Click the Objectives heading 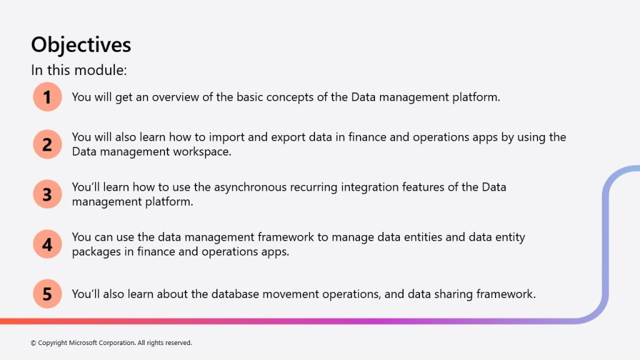81,45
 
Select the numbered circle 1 47,97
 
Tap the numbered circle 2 47,144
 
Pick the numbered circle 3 47,194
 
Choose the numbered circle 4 47,244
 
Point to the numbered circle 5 47,294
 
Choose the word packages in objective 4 96,252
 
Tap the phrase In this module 79,70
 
